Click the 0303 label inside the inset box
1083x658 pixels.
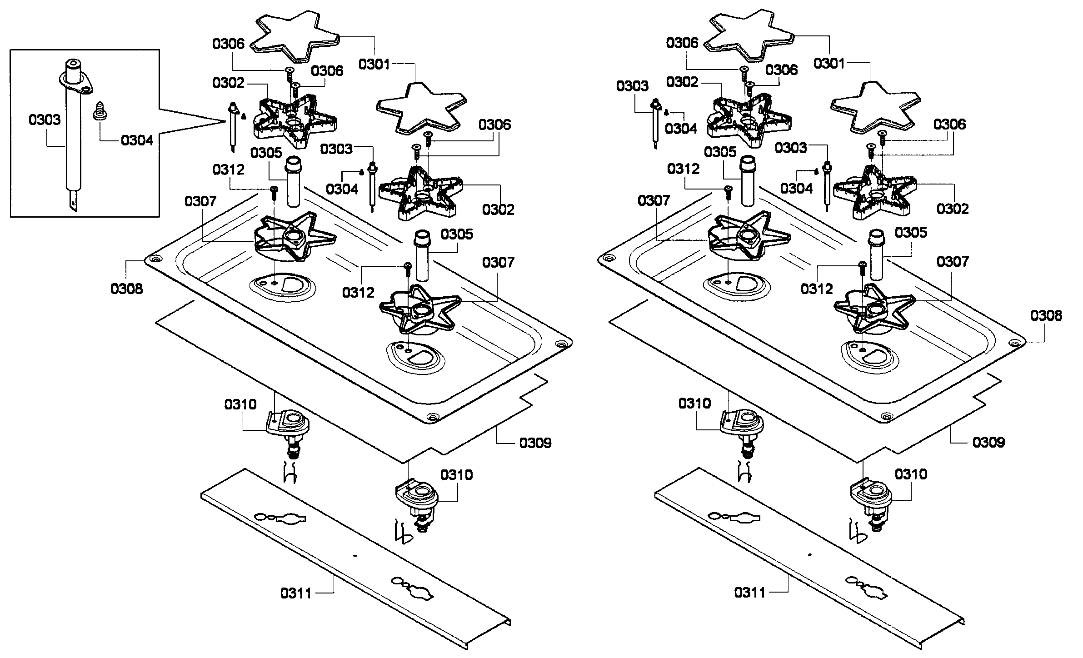pyautogui.click(x=44, y=120)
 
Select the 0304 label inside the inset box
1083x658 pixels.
pyautogui.click(x=137, y=140)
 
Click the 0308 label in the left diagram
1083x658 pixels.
pyautogui.click(x=126, y=289)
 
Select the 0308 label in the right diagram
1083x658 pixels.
pyautogui.click(x=1046, y=315)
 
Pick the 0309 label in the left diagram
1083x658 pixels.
pyautogui.click(x=535, y=443)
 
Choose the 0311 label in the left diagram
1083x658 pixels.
pyautogui.click(x=296, y=593)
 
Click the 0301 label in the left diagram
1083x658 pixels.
pyautogui.click(x=374, y=65)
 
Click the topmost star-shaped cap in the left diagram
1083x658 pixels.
pyautogui.click(x=295, y=36)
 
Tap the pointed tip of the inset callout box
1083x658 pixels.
pyautogui.click(x=226, y=121)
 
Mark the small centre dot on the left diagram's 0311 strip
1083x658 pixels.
pyautogui.click(x=355, y=555)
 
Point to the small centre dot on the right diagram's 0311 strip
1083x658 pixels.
pyautogui.click(x=809, y=555)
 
